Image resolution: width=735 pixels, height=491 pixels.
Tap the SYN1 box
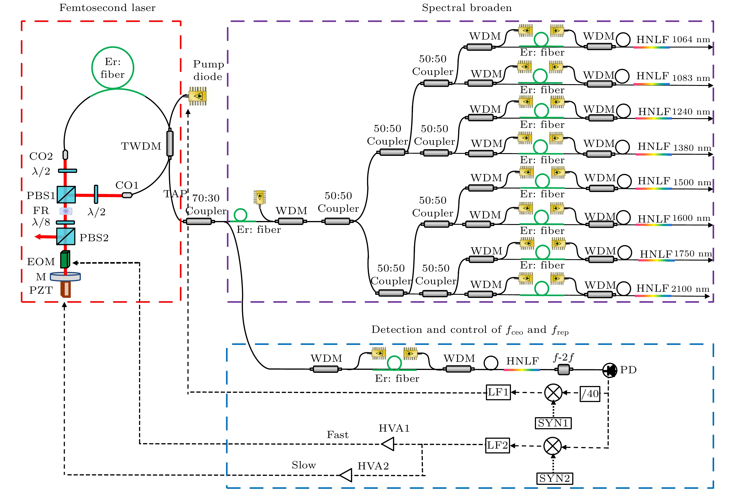click(553, 423)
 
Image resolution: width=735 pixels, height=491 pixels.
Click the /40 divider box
click(590, 394)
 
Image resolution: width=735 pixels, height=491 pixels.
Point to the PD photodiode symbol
click(610, 370)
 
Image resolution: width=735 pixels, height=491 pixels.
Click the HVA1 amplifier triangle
click(388, 444)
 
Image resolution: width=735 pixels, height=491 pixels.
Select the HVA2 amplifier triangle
click(346, 475)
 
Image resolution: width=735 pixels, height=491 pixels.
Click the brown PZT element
click(66, 289)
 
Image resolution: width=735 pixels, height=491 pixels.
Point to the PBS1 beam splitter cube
click(66, 194)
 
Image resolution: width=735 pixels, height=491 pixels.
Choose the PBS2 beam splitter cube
click(66, 236)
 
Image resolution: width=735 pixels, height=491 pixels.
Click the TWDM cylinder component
click(170, 143)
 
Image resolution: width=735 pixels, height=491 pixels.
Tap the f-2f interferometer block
click(564, 370)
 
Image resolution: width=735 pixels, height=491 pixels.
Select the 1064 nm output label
click(691, 40)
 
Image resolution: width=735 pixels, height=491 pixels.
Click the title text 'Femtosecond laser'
click(107, 8)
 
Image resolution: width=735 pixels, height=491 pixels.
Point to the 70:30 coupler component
click(199, 221)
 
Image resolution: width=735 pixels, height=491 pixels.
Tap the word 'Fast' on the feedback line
click(337, 435)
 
